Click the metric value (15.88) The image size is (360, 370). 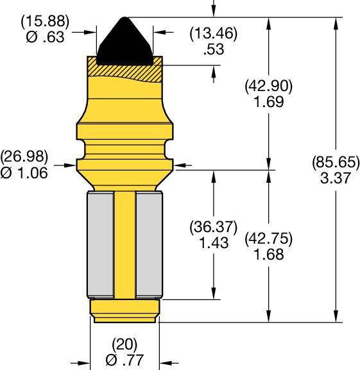click(43, 22)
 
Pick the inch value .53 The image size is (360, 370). click(214, 49)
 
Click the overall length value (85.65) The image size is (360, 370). click(334, 162)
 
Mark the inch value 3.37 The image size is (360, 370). click(334, 178)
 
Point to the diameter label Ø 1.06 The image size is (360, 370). click(24, 172)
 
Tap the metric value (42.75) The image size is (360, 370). click(269, 240)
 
